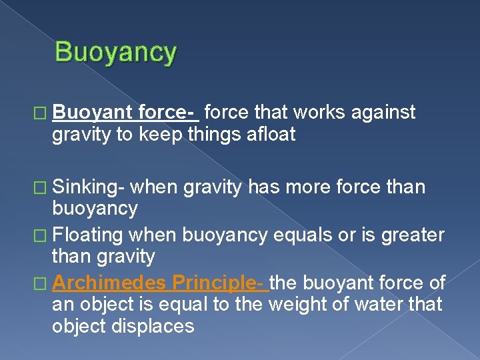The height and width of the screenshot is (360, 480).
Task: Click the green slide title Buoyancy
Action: coord(115,52)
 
